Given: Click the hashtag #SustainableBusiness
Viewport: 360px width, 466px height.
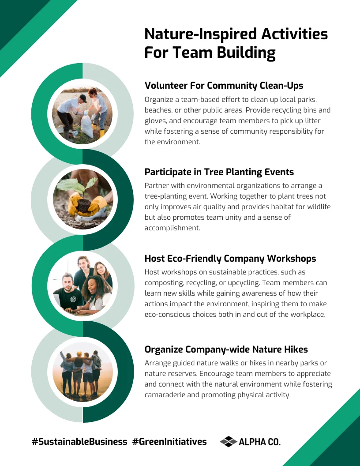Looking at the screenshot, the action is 79,442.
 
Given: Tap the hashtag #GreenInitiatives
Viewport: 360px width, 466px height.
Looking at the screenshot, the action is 169,442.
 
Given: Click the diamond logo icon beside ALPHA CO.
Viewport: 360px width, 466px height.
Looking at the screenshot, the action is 228,442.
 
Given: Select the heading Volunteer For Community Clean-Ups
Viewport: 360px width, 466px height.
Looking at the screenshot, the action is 224,86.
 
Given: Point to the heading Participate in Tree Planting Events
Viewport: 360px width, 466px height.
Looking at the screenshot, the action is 219,172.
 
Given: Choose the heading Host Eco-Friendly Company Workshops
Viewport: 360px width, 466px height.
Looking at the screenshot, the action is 230,259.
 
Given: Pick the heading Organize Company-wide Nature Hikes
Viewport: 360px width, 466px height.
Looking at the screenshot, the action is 226,349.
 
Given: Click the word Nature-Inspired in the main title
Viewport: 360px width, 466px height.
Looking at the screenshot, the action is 200,34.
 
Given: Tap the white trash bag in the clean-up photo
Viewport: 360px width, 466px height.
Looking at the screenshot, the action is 87,127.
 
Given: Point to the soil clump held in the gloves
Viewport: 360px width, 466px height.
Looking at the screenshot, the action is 83,205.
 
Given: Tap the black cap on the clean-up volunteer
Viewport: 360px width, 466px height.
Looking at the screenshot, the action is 83,98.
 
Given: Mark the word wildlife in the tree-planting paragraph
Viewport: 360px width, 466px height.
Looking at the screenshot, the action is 319,207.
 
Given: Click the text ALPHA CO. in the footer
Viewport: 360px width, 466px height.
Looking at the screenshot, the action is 259,442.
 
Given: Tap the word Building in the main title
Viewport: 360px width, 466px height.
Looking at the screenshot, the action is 246,53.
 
